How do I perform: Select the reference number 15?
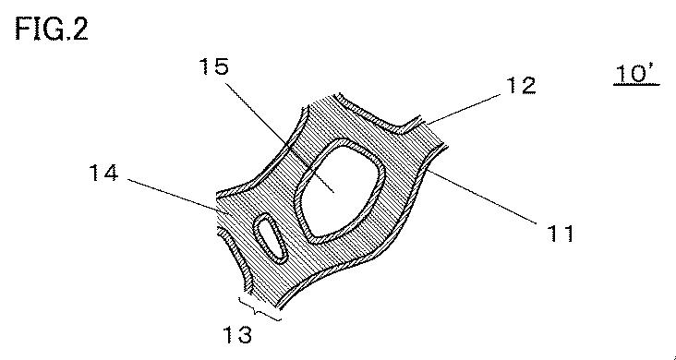point(214,66)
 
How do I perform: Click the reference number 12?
point(521,86)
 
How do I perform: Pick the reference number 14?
point(103,174)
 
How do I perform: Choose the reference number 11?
point(561,234)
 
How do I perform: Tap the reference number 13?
point(237,334)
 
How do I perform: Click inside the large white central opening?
point(341,190)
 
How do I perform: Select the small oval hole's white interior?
point(268,237)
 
